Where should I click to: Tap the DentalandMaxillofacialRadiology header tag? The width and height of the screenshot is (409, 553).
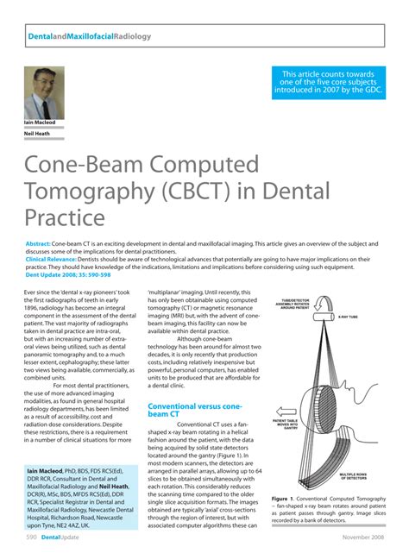[x=85, y=37]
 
